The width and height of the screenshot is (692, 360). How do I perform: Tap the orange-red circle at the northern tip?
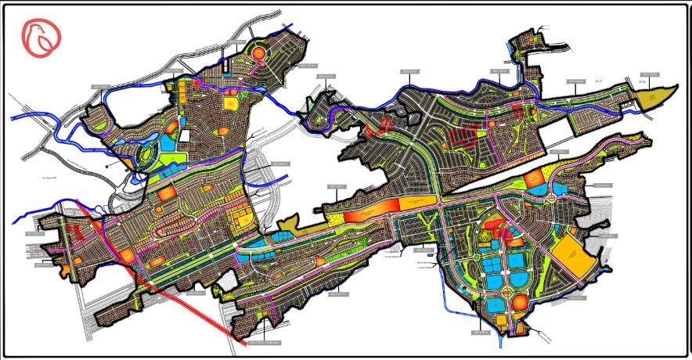[x=258, y=53]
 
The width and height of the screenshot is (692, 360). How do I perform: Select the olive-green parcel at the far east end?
[x=656, y=98]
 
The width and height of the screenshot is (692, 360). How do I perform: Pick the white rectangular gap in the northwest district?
[x=185, y=135]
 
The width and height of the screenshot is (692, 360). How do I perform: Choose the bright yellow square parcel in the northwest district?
[x=231, y=103]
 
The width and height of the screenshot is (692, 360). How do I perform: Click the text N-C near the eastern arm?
[x=600, y=81]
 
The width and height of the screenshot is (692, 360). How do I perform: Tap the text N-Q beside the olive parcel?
[x=641, y=81]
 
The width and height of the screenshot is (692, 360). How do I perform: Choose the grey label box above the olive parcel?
[x=648, y=74]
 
